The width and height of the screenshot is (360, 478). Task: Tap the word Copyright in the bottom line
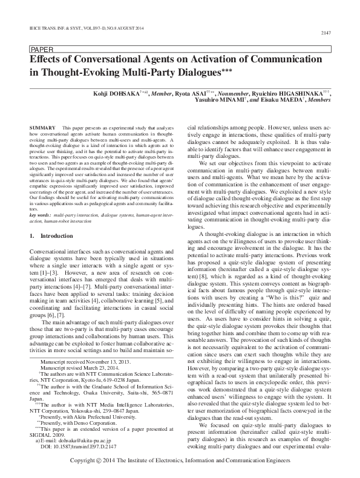point(85,461)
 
